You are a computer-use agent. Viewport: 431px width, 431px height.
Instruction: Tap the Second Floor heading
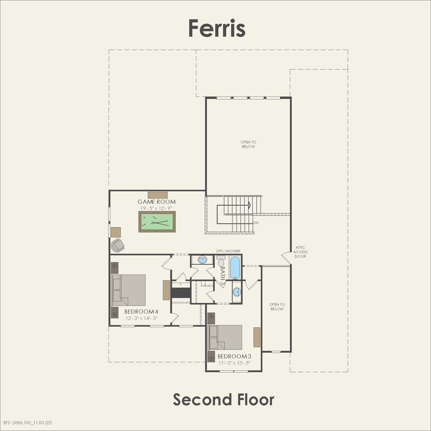click(223, 400)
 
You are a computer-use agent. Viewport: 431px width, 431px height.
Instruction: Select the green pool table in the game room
click(157, 222)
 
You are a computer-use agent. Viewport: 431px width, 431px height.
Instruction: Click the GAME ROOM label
click(157, 202)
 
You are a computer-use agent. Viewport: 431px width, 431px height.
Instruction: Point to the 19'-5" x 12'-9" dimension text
click(156, 208)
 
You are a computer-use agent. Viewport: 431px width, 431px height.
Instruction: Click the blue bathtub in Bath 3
click(235, 267)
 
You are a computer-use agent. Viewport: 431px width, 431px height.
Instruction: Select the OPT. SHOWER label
click(228, 251)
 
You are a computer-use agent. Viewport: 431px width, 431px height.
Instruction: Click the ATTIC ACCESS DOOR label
click(300, 252)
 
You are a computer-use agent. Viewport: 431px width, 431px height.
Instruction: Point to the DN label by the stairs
click(256, 223)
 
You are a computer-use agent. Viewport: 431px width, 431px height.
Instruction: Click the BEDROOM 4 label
click(141, 312)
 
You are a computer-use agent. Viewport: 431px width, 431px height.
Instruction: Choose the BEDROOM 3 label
click(234, 356)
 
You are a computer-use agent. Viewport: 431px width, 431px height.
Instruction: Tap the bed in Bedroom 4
click(129, 290)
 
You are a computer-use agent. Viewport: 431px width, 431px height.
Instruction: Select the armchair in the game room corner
click(117, 245)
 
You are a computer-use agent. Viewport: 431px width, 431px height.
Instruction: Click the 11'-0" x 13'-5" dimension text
click(234, 363)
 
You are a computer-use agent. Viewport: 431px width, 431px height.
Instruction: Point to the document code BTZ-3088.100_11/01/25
click(28, 423)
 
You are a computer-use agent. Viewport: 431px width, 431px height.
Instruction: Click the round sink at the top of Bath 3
click(202, 260)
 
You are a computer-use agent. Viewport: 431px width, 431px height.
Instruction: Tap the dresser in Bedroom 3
click(257, 337)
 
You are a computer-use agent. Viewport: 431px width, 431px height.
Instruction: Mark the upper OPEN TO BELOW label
click(248, 144)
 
